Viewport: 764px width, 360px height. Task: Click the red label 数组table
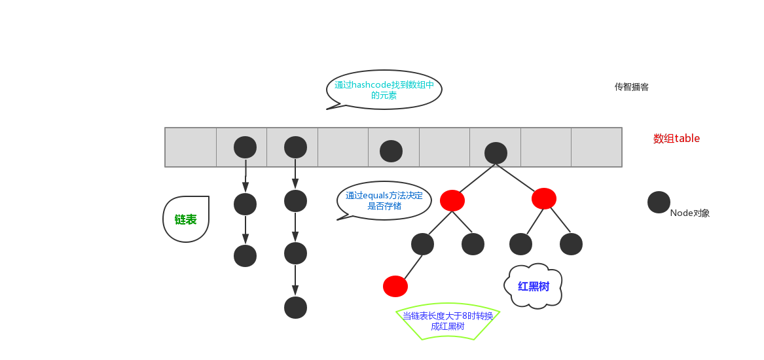(x=676, y=139)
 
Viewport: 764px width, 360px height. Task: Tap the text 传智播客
(x=631, y=87)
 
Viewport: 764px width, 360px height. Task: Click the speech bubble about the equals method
(x=384, y=200)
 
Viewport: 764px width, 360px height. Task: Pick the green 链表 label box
(x=186, y=219)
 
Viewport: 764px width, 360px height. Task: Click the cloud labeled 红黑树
(x=534, y=286)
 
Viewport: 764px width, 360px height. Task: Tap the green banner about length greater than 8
(x=448, y=321)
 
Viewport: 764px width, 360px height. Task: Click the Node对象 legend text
(x=690, y=213)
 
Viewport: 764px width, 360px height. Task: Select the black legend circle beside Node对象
(x=659, y=202)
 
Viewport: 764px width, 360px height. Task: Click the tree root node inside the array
(x=496, y=153)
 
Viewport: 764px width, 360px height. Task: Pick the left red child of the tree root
(x=452, y=200)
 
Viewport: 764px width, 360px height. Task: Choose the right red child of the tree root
(x=544, y=198)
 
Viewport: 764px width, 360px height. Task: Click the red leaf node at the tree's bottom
(x=395, y=286)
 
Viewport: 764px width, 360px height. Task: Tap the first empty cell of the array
(x=191, y=147)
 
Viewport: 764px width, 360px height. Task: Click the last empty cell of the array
(x=596, y=147)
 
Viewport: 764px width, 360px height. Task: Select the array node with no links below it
(x=391, y=151)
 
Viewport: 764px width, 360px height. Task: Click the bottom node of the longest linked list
(x=295, y=308)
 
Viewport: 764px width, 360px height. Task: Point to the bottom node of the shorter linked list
(x=245, y=256)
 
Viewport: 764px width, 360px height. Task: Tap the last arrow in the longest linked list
(x=295, y=280)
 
